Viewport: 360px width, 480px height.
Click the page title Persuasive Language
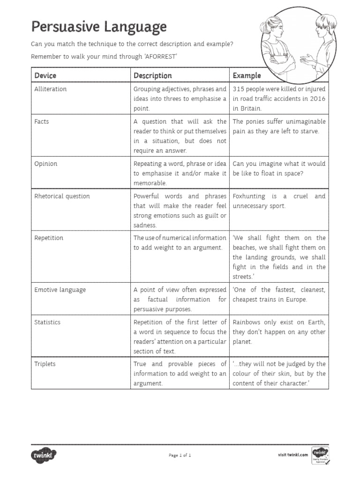[x=98, y=27]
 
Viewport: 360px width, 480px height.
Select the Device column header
[x=45, y=75]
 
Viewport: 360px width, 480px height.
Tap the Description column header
[x=153, y=75]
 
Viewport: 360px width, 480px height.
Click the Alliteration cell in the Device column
[x=51, y=89]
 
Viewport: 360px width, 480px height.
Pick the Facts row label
[x=42, y=121]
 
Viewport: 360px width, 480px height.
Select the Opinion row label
[x=45, y=164]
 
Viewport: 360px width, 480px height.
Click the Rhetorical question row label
[x=62, y=196]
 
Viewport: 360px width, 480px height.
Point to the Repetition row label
[x=49, y=238]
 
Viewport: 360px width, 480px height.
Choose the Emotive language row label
[x=60, y=290]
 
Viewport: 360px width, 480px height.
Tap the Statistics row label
[x=47, y=322]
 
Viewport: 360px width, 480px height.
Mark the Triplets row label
[x=45, y=364]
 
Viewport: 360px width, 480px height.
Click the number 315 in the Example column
[x=239, y=89]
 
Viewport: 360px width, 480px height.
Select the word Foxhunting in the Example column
[x=249, y=196]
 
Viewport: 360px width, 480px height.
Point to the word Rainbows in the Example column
[x=247, y=322]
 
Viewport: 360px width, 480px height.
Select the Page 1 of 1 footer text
[x=180, y=455]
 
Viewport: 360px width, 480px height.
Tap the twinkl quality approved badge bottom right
[x=320, y=455]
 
